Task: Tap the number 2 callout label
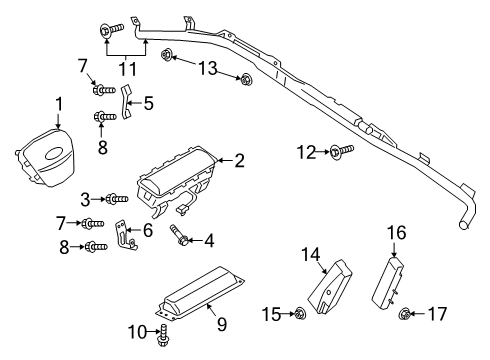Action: point(239,160)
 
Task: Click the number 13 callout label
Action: point(207,67)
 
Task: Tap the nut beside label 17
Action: point(406,316)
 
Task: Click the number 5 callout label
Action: point(148,101)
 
